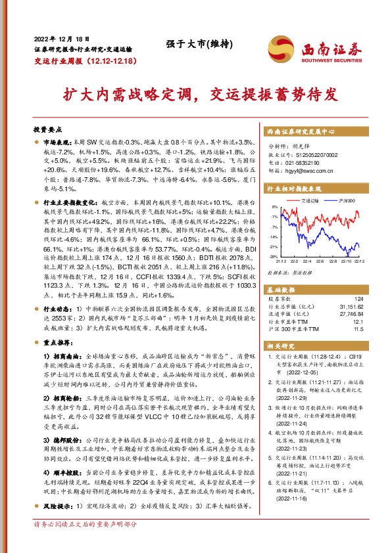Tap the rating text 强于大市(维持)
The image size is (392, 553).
tap(190, 44)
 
